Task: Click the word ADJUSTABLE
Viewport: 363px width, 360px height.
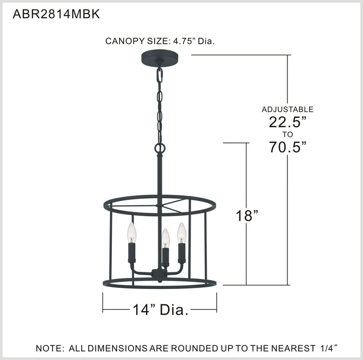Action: pyautogui.click(x=287, y=109)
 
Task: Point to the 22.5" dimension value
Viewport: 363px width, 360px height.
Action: pyautogui.click(x=287, y=122)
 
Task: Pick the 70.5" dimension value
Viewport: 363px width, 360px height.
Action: pyautogui.click(x=287, y=147)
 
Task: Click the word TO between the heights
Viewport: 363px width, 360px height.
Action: pyautogui.click(x=287, y=134)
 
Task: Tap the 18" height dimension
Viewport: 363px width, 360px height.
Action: pyautogui.click(x=248, y=216)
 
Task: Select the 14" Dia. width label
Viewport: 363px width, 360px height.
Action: pyautogui.click(x=160, y=309)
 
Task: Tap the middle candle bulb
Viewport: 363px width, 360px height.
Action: pyautogui.click(x=165, y=237)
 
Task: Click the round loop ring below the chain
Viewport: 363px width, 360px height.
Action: pyautogui.click(x=160, y=149)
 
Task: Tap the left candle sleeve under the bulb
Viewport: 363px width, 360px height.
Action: pyautogui.click(x=132, y=253)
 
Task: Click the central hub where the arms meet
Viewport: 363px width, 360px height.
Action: pyautogui.click(x=159, y=275)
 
